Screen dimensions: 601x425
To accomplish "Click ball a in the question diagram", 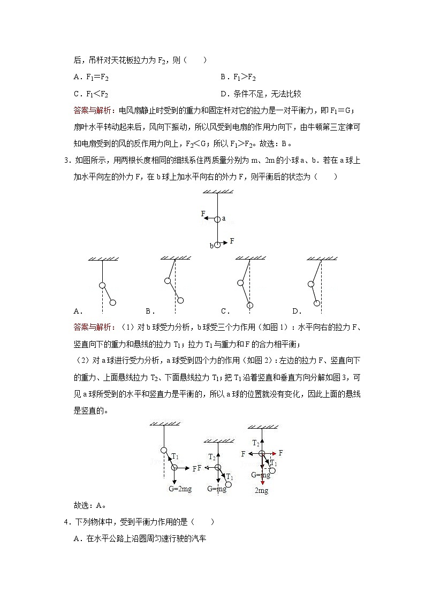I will coord(217,218).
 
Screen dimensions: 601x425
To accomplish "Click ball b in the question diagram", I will coord(217,245).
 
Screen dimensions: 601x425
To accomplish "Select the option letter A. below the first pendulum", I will coord(78,311).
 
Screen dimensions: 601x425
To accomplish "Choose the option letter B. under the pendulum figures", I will coord(150,311).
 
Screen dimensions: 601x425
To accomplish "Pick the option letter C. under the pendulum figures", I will coord(225,311).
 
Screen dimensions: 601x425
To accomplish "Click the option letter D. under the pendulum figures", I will coord(297,311).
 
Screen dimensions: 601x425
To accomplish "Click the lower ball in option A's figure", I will coord(112,303).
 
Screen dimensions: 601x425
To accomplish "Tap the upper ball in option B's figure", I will coord(168,280).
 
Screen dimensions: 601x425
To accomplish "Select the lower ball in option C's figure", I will coord(249,305).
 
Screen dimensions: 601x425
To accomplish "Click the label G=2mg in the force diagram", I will coord(180,489).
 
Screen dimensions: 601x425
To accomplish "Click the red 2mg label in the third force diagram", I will coord(261,490).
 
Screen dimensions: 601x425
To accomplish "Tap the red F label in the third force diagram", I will coord(280,453).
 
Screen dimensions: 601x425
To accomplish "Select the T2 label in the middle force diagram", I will coord(212,457).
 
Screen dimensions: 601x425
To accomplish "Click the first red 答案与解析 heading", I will coord(92,110).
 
